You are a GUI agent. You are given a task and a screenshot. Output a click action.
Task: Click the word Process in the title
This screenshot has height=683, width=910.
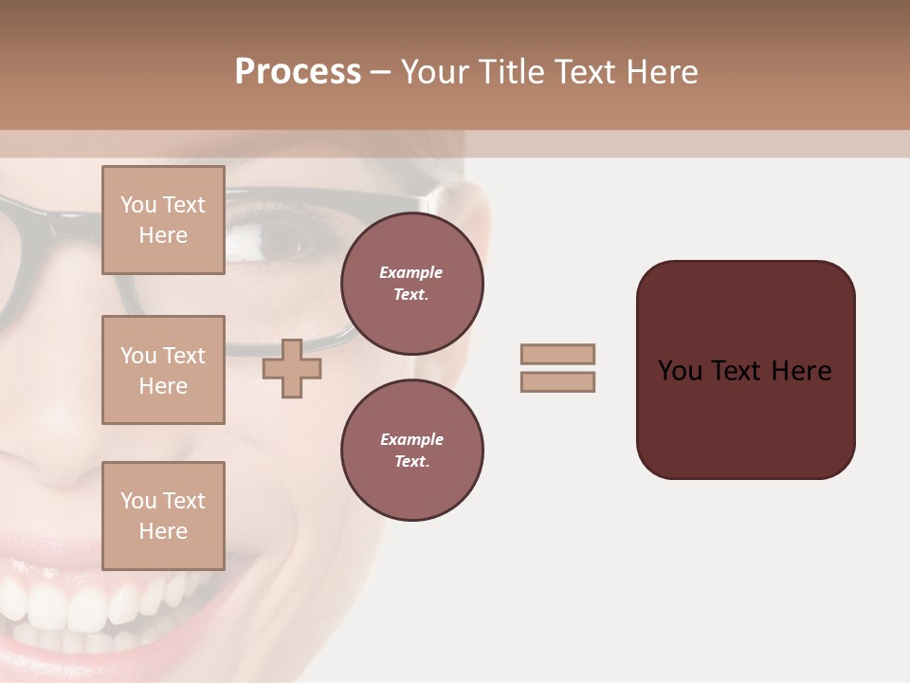click(x=298, y=72)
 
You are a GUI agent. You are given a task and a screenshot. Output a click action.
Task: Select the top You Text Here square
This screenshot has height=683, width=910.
click(x=163, y=220)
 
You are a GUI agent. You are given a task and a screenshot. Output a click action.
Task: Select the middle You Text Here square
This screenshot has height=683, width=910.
click(x=163, y=370)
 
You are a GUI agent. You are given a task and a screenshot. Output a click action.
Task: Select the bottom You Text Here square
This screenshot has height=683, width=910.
click(x=163, y=515)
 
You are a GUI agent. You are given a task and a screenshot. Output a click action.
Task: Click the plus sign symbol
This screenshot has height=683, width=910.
click(x=292, y=368)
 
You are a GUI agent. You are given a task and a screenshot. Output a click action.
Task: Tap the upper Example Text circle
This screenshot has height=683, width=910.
click(x=411, y=284)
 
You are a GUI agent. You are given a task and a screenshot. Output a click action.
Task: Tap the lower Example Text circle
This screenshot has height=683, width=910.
click(x=411, y=450)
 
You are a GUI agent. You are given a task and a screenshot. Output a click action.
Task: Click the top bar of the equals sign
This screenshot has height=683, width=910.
click(x=557, y=354)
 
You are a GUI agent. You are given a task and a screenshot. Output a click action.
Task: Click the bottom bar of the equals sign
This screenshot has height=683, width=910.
click(x=557, y=381)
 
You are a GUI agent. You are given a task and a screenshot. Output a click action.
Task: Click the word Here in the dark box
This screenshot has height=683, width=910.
click(x=801, y=371)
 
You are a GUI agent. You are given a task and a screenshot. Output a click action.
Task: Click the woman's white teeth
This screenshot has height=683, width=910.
click(x=95, y=607)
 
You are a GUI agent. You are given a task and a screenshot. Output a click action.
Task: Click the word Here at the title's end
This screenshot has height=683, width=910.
click(x=662, y=72)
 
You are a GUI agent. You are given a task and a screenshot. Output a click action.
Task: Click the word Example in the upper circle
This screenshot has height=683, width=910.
click(x=411, y=272)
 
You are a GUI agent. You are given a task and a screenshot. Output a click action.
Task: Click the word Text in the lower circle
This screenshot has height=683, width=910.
click(x=410, y=461)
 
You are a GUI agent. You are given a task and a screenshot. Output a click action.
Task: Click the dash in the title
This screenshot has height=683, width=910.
click(x=380, y=72)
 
